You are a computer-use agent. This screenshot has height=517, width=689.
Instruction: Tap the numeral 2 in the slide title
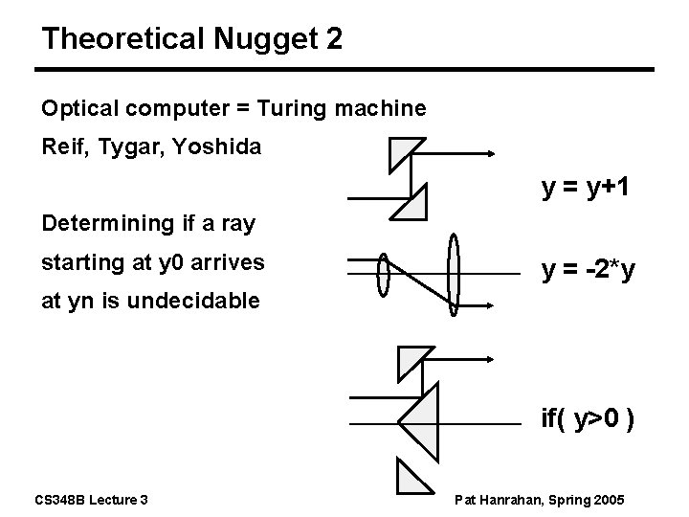pos(332,39)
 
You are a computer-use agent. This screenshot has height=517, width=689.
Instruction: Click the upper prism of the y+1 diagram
pos(406,153)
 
